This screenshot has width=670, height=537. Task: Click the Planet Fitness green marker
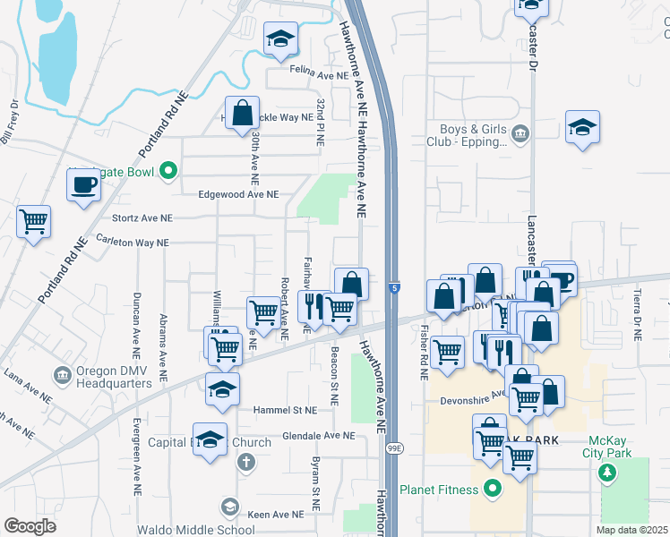point(491,490)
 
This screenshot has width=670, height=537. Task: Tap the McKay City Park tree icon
point(609,472)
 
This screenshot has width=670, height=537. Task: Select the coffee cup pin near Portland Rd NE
point(85,184)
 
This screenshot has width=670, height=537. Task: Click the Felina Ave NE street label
point(318,76)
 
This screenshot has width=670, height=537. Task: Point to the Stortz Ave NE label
point(141,217)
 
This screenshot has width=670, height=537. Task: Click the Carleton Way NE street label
point(133,243)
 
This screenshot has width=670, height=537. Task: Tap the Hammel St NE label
point(286,409)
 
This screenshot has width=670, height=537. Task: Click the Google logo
point(30,525)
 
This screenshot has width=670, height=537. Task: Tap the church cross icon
point(246,463)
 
